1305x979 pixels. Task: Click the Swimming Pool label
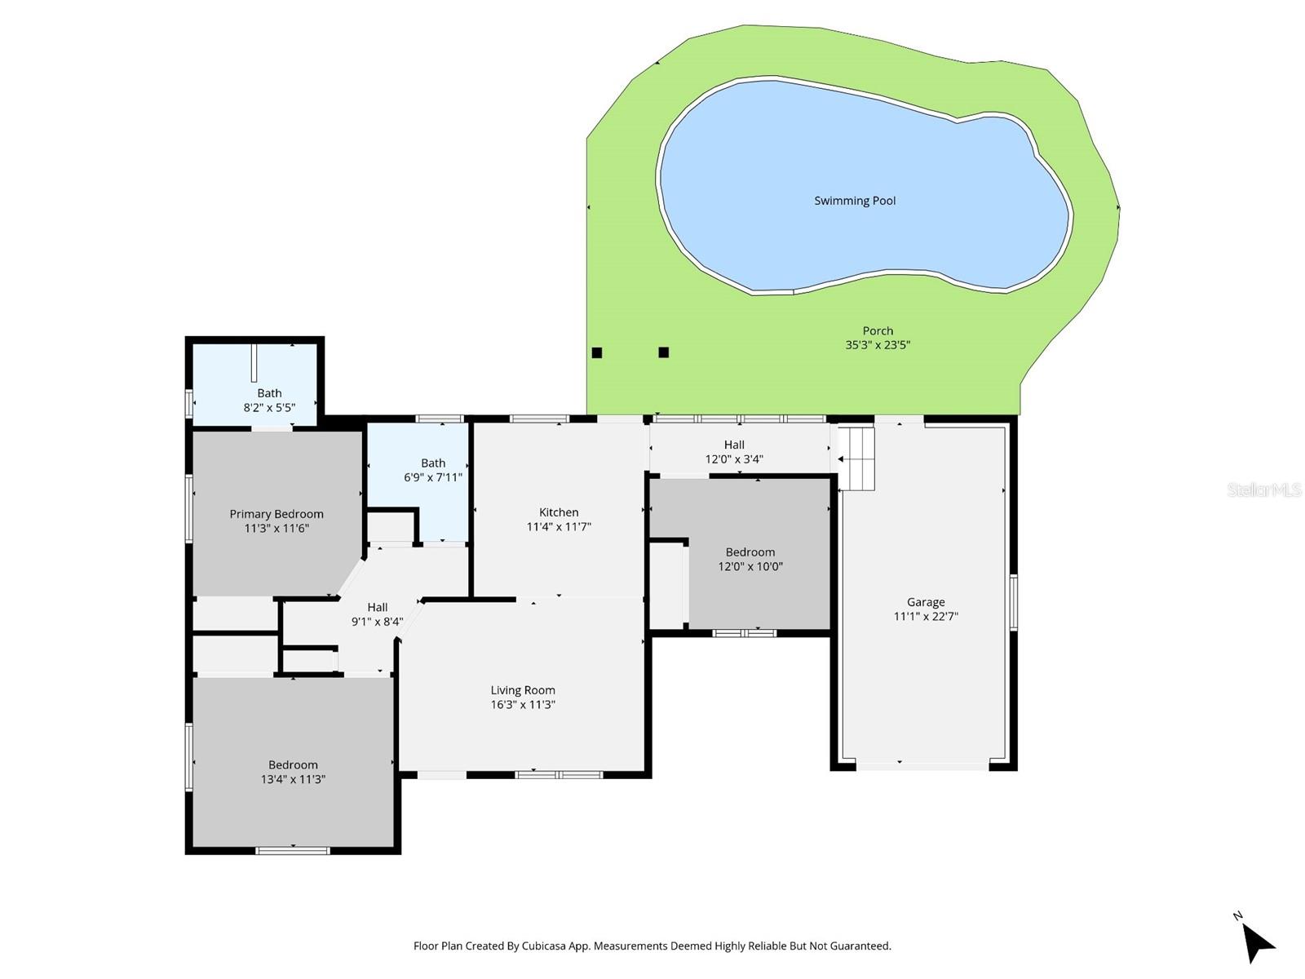click(x=855, y=201)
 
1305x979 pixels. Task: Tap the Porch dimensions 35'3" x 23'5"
click(x=878, y=345)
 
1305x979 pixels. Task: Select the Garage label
click(x=926, y=602)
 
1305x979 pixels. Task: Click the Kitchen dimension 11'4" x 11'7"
click(x=559, y=527)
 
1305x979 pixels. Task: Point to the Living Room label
click(x=523, y=690)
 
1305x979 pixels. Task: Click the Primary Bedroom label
click(x=276, y=514)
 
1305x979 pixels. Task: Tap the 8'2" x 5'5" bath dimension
click(x=269, y=407)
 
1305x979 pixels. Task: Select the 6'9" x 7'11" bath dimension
click(x=433, y=477)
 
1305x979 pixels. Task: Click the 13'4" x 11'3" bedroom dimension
click(x=293, y=779)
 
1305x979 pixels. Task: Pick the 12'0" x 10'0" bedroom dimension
click(x=750, y=566)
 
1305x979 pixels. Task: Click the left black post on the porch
click(x=597, y=352)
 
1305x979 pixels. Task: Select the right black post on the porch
click(x=664, y=352)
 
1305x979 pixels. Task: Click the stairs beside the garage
click(x=857, y=458)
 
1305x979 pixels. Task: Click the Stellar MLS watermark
click(x=1263, y=490)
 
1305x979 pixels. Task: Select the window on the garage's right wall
click(x=1014, y=603)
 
